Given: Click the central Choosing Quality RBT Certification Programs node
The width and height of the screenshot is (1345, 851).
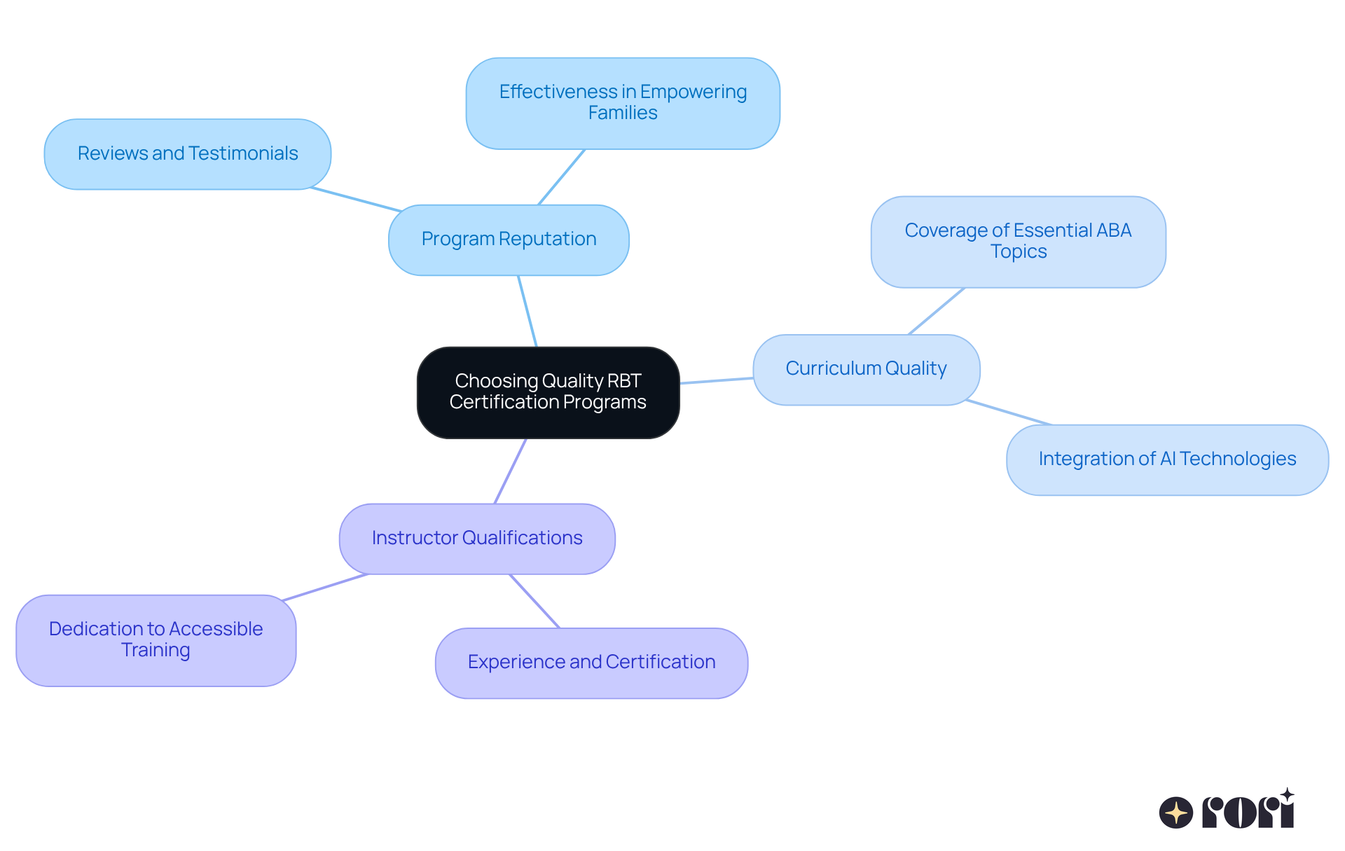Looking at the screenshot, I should (x=548, y=392).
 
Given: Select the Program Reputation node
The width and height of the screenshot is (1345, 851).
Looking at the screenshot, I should (x=509, y=240).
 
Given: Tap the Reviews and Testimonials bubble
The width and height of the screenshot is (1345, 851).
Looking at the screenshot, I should (x=188, y=153).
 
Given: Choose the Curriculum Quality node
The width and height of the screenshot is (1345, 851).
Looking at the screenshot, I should (x=866, y=369).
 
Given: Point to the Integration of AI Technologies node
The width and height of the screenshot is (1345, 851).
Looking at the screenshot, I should (x=1167, y=459).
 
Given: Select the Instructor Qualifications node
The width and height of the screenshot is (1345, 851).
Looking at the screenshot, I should (x=477, y=539).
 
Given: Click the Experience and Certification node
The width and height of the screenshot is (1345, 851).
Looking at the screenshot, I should (x=591, y=663).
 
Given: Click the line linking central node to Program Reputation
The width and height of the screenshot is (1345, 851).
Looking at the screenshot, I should (x=527, y=311).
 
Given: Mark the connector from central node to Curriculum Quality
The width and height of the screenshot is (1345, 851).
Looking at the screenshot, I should (x=717, y=380).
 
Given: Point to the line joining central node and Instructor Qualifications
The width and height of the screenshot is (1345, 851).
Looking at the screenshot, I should (x=511, y=471).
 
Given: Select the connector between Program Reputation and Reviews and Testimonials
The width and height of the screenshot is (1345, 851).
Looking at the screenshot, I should (x=356, y=199).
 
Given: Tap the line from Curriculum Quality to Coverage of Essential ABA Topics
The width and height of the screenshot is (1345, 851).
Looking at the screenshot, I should (x=937, y=311).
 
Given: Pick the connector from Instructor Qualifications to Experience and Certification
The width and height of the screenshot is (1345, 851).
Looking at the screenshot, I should (x=534, y=601).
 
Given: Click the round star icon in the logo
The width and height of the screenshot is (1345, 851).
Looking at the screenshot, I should (x=1175, y=812).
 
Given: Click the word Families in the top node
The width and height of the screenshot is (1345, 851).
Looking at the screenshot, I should (x=623, y=113).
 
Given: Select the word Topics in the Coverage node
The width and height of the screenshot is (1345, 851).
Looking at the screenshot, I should (x=1019, y=251).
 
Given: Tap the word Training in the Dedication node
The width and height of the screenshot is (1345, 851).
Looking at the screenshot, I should (x=156, y=650).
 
